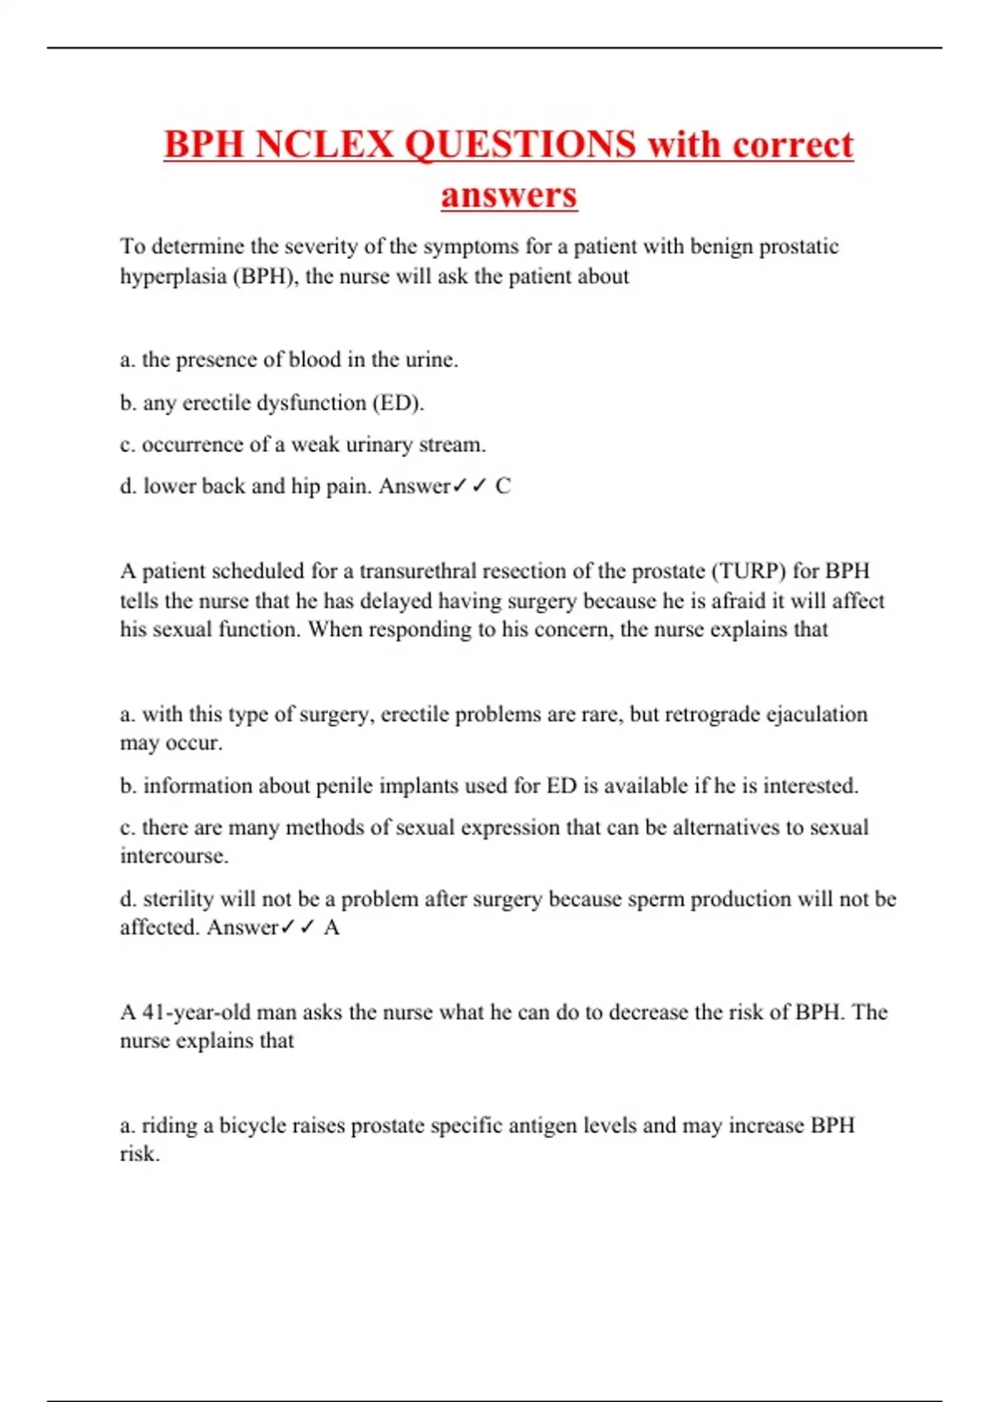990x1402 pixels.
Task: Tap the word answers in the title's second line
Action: pos(508,195)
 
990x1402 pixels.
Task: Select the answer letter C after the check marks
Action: pos(502,487)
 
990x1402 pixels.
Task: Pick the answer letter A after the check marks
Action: pos(332,928)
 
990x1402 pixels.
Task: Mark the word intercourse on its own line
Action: pos(173,856)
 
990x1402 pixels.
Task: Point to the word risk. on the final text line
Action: pos(139,1155)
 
